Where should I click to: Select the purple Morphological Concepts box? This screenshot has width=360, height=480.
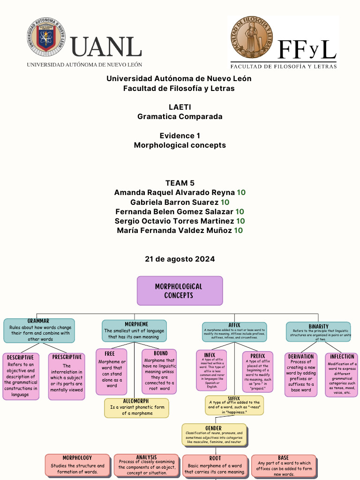[180, 291]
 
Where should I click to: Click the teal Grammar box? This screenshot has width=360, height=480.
[39, 331]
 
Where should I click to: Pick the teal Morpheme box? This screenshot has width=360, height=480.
[134, 331]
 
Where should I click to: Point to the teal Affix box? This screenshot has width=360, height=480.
[234, 332]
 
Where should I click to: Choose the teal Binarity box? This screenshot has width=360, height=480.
[318, 332]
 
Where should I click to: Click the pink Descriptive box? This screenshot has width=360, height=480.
[21, 377]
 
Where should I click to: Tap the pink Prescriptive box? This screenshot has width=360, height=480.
[67, 377]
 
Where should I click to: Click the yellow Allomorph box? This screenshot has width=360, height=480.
[136, 408]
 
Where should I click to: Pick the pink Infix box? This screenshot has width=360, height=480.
[211, 370]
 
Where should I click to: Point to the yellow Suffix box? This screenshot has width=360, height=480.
[234, 405]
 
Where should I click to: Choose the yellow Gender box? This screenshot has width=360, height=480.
[214, 435]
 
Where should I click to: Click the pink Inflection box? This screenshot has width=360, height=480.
[342, 375]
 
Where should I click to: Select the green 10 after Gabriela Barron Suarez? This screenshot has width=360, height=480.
[225, 202]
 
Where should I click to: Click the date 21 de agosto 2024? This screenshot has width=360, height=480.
[180, 259]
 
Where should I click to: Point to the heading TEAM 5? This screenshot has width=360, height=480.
[180, 183]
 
